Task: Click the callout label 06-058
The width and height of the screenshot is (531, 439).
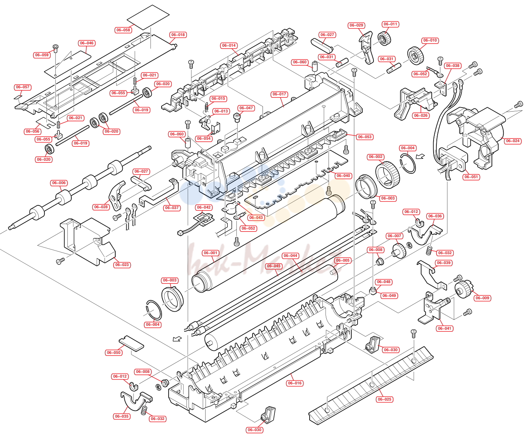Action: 123,30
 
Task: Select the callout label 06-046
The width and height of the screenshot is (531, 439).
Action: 87,43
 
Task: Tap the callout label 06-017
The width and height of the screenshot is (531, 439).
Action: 279,94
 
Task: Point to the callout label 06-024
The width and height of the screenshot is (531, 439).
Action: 513,141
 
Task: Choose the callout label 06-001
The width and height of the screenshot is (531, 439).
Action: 211,253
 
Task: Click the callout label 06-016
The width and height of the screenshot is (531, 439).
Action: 295,383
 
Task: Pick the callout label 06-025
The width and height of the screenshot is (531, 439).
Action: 384,399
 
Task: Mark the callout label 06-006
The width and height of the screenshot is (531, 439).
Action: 59,183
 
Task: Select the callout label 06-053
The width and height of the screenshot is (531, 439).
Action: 365,137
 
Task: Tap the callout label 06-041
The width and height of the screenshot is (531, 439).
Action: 445,329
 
